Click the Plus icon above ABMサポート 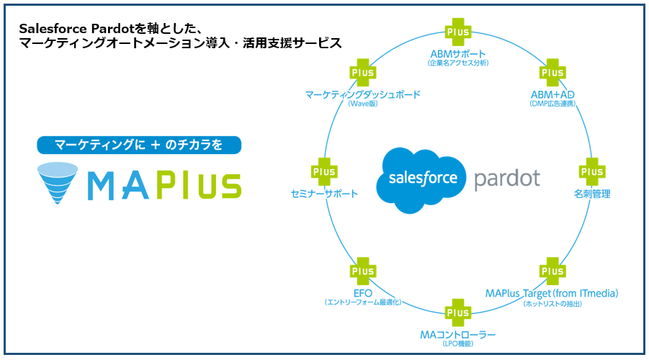[458, 32]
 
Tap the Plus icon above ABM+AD [552, 73]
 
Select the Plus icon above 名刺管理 [592, 171]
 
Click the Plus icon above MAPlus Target [552, 271]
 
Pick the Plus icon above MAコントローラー [458, 312]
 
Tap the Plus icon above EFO [362, 271]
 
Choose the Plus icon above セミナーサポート [324, 171]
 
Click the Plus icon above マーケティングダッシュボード [362, 73]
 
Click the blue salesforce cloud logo [422, 179]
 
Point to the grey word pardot [506, 179]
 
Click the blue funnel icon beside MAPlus [59, 182]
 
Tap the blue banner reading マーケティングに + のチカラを [139, 145]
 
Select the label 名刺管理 [592, 194]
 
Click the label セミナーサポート [324, 194]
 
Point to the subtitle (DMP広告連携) [552, 104]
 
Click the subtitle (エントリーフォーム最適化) [362, 302]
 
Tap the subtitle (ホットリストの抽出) [552, 303]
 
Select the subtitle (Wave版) [362, 104]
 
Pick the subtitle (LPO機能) [458, 344]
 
